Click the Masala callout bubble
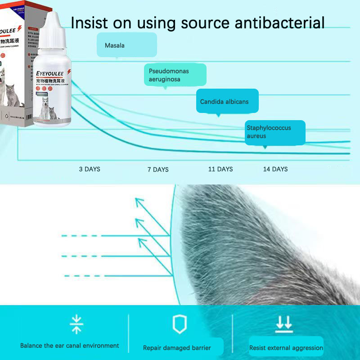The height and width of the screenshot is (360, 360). [x=126, y=45]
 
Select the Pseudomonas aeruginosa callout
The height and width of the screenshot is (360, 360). [x=175, y=75]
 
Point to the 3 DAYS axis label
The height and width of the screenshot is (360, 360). [x=90, y=169]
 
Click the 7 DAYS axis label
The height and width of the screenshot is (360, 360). [x=158, y=170]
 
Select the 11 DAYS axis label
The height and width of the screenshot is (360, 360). [x=220, y=169]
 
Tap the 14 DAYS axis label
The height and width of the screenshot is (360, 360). [x=275, y=169]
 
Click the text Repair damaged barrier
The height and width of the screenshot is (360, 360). [x=177, y=348]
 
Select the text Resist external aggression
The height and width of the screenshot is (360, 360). [x=286, y=348]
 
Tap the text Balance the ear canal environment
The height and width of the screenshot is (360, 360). [x=70, y=346]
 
